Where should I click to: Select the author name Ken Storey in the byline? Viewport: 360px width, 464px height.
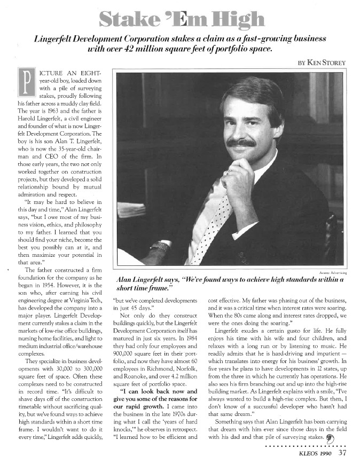click(x=326, y=62)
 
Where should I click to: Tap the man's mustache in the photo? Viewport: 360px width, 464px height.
click(x=241, y=143)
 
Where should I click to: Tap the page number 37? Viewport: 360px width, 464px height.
click(x=342, y=454)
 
